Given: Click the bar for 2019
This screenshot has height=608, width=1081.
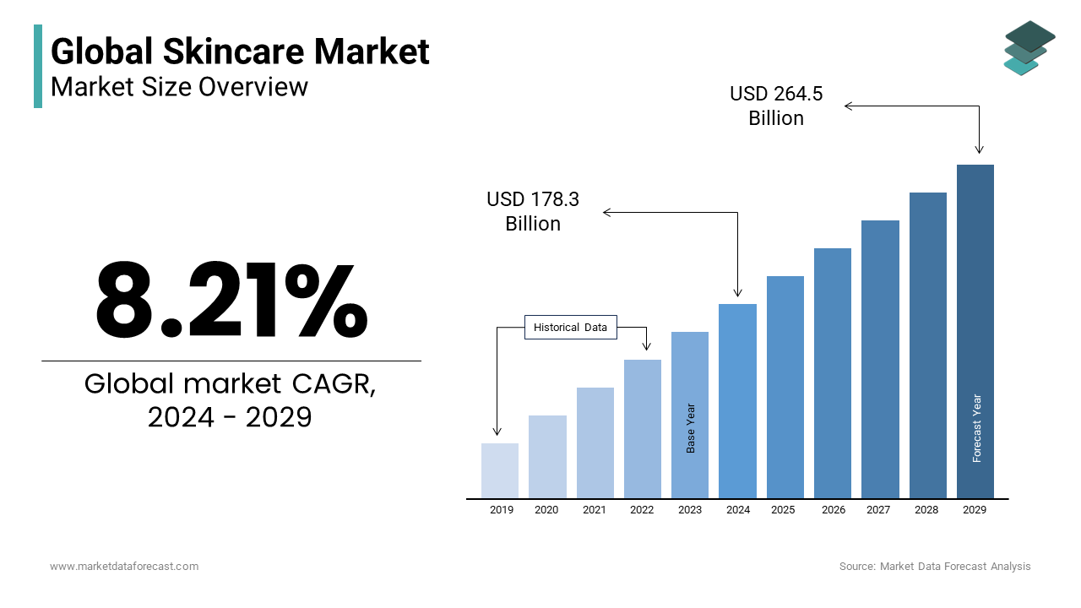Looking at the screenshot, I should [x=500, y=470].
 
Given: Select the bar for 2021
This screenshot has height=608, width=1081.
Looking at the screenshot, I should [x=595, y=442].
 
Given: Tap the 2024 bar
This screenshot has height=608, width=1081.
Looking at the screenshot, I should [x=737, y=400].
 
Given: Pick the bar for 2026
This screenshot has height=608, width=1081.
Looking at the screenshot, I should [x=833, y=372].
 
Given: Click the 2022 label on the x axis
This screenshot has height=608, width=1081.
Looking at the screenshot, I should [x=642, y=510].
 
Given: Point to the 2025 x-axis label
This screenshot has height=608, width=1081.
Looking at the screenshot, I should [x=783, y=510].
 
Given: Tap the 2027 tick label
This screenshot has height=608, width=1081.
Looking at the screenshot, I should [x=878, y=510].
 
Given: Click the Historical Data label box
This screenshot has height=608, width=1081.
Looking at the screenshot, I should [x=571, y=328].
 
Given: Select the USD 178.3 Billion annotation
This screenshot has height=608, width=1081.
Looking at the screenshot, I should [x=533, y=211].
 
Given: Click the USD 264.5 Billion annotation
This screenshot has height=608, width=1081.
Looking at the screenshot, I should [x=776, y=106].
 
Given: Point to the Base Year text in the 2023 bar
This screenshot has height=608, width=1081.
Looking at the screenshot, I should [x=691, y=428].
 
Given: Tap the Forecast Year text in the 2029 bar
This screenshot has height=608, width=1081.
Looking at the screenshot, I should [x=977, y=428].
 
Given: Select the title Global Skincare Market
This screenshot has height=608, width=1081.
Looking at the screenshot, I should [x=241, y=52].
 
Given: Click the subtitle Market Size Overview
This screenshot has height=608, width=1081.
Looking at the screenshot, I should [x=180, y=86].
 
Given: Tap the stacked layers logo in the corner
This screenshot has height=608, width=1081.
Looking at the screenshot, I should [x=1029, y=48].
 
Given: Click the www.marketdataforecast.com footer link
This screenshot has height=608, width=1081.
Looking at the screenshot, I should [x=124, y=567].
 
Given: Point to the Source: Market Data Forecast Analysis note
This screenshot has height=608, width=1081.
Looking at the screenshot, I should [x=935, y=567].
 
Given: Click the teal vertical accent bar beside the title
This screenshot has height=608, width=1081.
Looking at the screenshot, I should [x=38, y=66].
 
